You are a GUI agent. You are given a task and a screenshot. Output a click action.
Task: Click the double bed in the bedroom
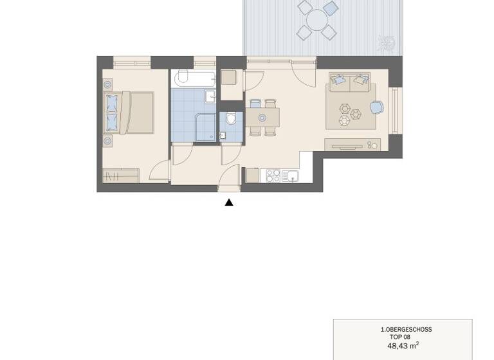pos(131,113)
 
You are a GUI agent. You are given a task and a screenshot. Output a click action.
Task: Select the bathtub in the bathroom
pos(193,79)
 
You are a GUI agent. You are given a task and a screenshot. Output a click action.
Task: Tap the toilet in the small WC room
pos(231,119)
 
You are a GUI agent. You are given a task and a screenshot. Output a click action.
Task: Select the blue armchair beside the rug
pos(377,107)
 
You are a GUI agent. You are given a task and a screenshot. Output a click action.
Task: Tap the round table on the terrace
pos(317,20)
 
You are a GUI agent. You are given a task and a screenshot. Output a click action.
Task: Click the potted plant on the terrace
pos(387,43)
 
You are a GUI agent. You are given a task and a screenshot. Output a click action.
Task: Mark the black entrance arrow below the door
pos(229,203)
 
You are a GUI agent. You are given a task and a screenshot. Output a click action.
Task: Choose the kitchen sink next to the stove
pos(291,175)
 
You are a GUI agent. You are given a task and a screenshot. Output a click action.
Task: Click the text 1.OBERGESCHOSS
pos(406,330)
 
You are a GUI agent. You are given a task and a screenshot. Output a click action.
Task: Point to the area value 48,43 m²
pos(403,345)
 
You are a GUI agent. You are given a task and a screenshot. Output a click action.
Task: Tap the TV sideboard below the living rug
pos(352,144)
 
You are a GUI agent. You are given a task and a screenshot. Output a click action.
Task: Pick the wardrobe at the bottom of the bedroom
pos(121,175)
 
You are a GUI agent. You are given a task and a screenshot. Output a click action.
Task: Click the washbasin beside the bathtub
pos(210,96)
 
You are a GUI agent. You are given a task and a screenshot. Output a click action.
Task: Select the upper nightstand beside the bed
pos(107,84)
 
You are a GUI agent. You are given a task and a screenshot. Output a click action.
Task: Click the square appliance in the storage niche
pos(230,78)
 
